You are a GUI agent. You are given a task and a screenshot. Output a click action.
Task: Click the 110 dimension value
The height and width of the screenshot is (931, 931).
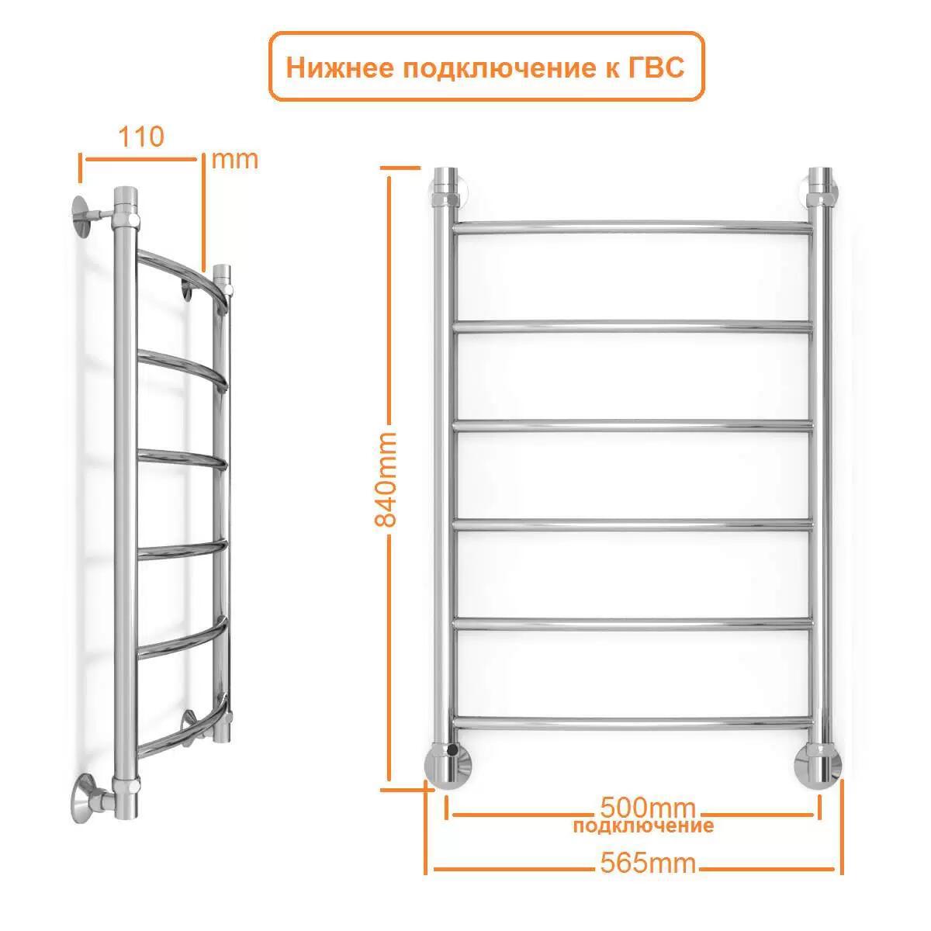click(141, 137)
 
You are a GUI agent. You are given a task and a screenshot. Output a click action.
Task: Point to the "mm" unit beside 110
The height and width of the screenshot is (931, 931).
click(234, 160)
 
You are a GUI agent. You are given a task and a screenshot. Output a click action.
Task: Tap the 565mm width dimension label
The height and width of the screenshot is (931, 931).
click(649, 863)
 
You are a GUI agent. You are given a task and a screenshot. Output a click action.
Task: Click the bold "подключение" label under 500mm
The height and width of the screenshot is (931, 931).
click(643, 825)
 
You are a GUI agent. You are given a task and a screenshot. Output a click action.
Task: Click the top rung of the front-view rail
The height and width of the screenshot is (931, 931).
click(632, 228)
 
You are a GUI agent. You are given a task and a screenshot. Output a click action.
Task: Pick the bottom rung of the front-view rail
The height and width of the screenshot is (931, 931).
click(632, 723)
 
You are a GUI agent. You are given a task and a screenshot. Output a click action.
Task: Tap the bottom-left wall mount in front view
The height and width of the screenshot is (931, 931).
click(448, 764)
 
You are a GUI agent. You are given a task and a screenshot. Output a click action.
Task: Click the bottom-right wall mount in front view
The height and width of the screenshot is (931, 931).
click(818, 764)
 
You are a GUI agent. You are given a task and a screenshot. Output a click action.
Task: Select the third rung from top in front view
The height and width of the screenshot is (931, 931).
click(632, 425)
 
